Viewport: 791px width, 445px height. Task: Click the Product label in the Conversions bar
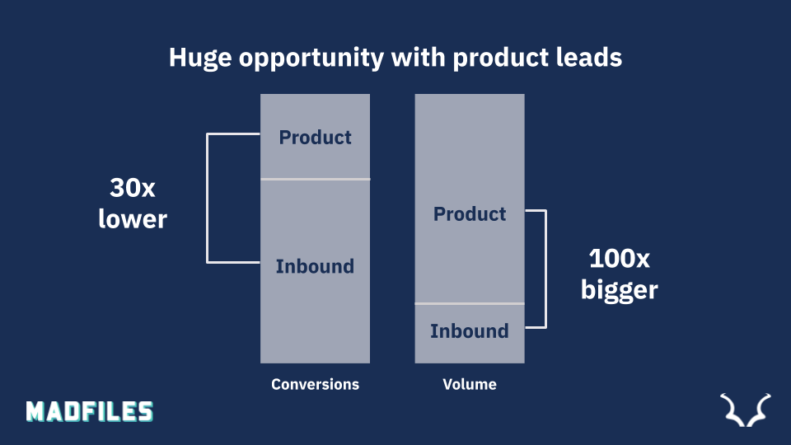pos(316,138)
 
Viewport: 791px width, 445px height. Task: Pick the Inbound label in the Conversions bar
pos(316,266)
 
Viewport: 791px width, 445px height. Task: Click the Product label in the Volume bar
pos(470,214)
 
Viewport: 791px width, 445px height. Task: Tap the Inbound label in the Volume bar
pos(470,331)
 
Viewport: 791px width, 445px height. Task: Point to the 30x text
pos(133,188)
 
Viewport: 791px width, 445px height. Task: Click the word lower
pos(133,219)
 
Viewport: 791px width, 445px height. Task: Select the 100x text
pos(620,258)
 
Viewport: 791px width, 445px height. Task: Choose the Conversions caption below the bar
pos(316,385)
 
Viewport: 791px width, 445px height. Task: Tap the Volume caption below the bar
pos(470,385)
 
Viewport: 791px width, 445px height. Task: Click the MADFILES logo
pos(90,412)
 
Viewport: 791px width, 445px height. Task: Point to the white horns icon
pos(746,410)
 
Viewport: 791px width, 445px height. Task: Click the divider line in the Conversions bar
pos(316,179)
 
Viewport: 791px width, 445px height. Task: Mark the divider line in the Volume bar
pos(470,304)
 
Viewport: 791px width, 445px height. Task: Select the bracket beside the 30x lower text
pos(208,199)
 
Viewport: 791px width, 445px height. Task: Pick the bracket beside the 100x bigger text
pos(545,269)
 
